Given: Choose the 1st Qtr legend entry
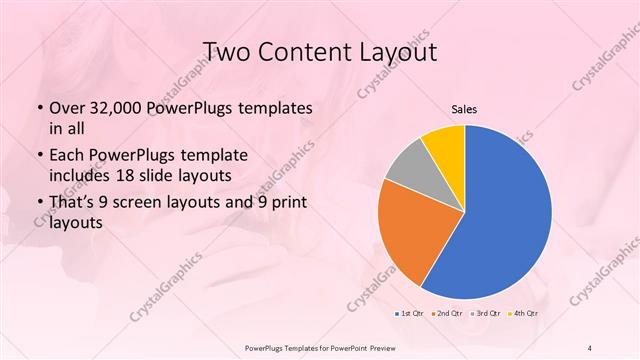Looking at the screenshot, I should (x=409, y=313).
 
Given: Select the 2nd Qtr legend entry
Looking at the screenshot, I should (x=448, y=313).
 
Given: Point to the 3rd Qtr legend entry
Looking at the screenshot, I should (x=486, y=313).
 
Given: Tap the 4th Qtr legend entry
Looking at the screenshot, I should (x=524, y=313).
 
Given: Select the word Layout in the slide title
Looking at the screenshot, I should (x=399, y=51).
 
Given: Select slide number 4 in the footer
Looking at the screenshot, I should (x=590, y=347).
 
